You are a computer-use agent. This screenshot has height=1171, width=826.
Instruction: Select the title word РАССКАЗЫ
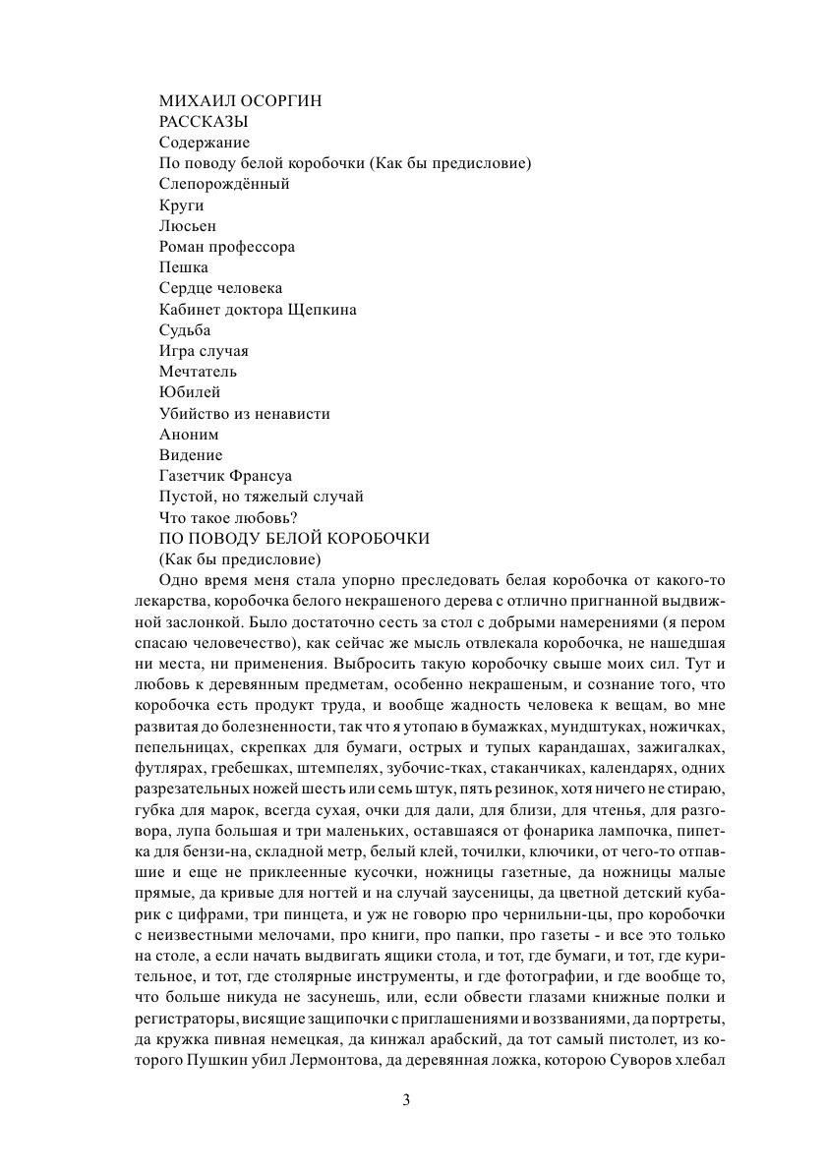point(203,121)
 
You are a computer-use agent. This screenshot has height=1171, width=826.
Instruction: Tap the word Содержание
point(205,143)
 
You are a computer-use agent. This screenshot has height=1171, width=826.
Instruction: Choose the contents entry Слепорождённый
point(224,184)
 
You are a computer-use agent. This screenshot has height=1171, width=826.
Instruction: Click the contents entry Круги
point(181,205)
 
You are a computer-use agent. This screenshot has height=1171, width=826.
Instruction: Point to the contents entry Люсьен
point(187,225)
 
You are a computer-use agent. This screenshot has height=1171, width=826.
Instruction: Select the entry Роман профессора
point(227,247)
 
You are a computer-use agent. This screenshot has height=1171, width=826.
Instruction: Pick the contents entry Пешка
point(184,267)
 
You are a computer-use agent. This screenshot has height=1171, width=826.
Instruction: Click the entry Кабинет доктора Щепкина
point(258,310)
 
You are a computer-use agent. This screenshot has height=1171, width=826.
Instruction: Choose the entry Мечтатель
point(199,372)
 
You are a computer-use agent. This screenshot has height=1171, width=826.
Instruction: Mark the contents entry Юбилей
point(190,393)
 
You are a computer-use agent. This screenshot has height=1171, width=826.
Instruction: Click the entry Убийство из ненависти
point(245,414)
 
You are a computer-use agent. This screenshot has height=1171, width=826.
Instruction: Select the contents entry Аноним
point(189,435)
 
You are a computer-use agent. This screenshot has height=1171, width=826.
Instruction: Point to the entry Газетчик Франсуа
point(229,477)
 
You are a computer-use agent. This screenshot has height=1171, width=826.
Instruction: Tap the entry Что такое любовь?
point(228,518)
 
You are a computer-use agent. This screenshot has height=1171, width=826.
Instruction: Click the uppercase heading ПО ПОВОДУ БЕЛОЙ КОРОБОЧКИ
point(295,539)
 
